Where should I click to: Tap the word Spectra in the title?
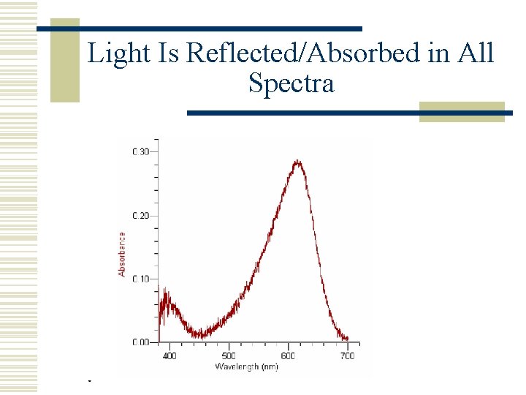(291, 83)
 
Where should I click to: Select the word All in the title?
(476, 53)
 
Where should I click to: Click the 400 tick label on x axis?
(169, 355)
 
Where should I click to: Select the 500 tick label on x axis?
(229, 355)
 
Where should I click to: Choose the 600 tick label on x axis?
(288, 355)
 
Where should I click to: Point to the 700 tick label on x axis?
(347, 355)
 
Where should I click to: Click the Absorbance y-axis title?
(122, 254)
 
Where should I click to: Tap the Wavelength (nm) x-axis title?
(246, 366)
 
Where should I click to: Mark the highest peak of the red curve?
(297, 162)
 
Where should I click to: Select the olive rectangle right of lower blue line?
(462, 111)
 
